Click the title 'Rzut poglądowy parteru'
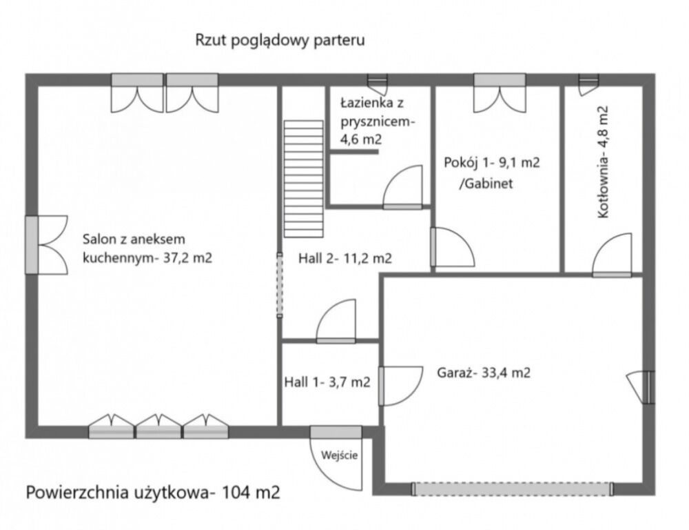(280, 40)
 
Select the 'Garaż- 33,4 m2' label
(484, 373)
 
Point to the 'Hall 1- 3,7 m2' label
(327, 382)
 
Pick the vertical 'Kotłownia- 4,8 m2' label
(604, 162)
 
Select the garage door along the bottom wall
(512, 489)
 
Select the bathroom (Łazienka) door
(402, 188)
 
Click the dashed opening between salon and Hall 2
(280, 284)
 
